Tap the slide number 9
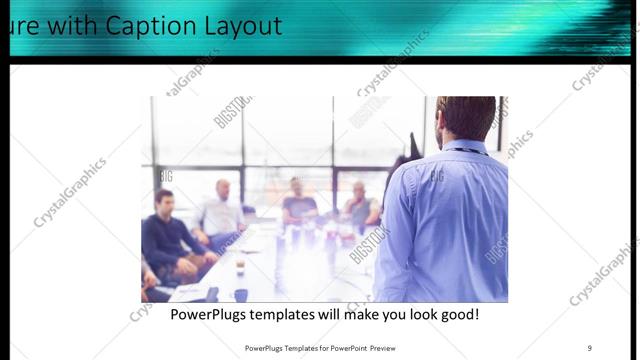(589, 347)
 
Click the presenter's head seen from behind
(467, 116)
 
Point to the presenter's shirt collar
(466, 148)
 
